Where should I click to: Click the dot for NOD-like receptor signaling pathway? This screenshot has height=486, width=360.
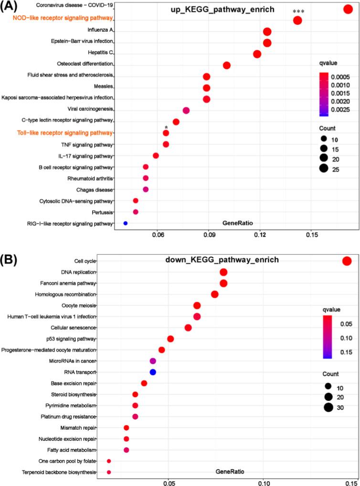[x=297, y=20]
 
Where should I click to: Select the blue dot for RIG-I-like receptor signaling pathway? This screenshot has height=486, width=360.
[x=126, y=223]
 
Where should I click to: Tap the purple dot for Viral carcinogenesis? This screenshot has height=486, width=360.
[x=186, y=110]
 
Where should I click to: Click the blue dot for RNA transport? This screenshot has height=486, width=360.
[x=153, y=372]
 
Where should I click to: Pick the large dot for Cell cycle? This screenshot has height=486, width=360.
[x=347, y=261]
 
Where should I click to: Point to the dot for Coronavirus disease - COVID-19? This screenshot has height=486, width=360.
[x=348, y=9]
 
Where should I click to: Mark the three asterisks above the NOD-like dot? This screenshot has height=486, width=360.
[x=297, y=10]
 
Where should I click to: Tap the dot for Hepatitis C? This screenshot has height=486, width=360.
[x=257, y=54]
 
